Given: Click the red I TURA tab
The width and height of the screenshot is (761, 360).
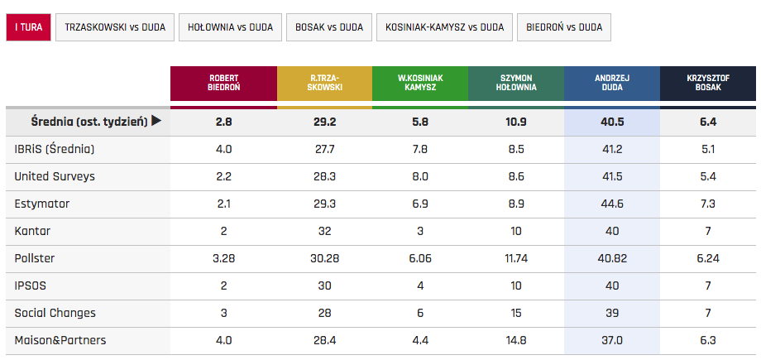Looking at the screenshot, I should [27, 27].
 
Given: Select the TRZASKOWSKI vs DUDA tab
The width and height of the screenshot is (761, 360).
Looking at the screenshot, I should [114, 27].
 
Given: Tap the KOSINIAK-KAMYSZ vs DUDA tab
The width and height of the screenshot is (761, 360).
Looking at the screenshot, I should [444, 27].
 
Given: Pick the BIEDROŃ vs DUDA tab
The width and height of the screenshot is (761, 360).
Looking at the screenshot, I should [564, 27].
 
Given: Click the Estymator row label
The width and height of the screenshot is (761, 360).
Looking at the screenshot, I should [42, 204].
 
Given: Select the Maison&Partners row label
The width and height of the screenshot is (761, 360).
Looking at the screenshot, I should [60, 340].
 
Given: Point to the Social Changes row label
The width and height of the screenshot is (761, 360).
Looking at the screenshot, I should [55, 313].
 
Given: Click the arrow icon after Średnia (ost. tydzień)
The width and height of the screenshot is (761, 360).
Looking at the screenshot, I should [156, 122].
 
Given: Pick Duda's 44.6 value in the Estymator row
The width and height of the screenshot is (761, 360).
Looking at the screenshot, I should [611, 204].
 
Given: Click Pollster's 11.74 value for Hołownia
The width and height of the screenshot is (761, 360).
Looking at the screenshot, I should [515, 258].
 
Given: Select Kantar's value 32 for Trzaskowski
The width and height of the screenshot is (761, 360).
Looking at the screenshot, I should [324, 231].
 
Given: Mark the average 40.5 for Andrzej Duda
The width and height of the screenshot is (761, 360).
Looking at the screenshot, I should [611, 122].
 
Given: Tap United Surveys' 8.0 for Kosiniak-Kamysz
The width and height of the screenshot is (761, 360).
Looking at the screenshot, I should [420, 176].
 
